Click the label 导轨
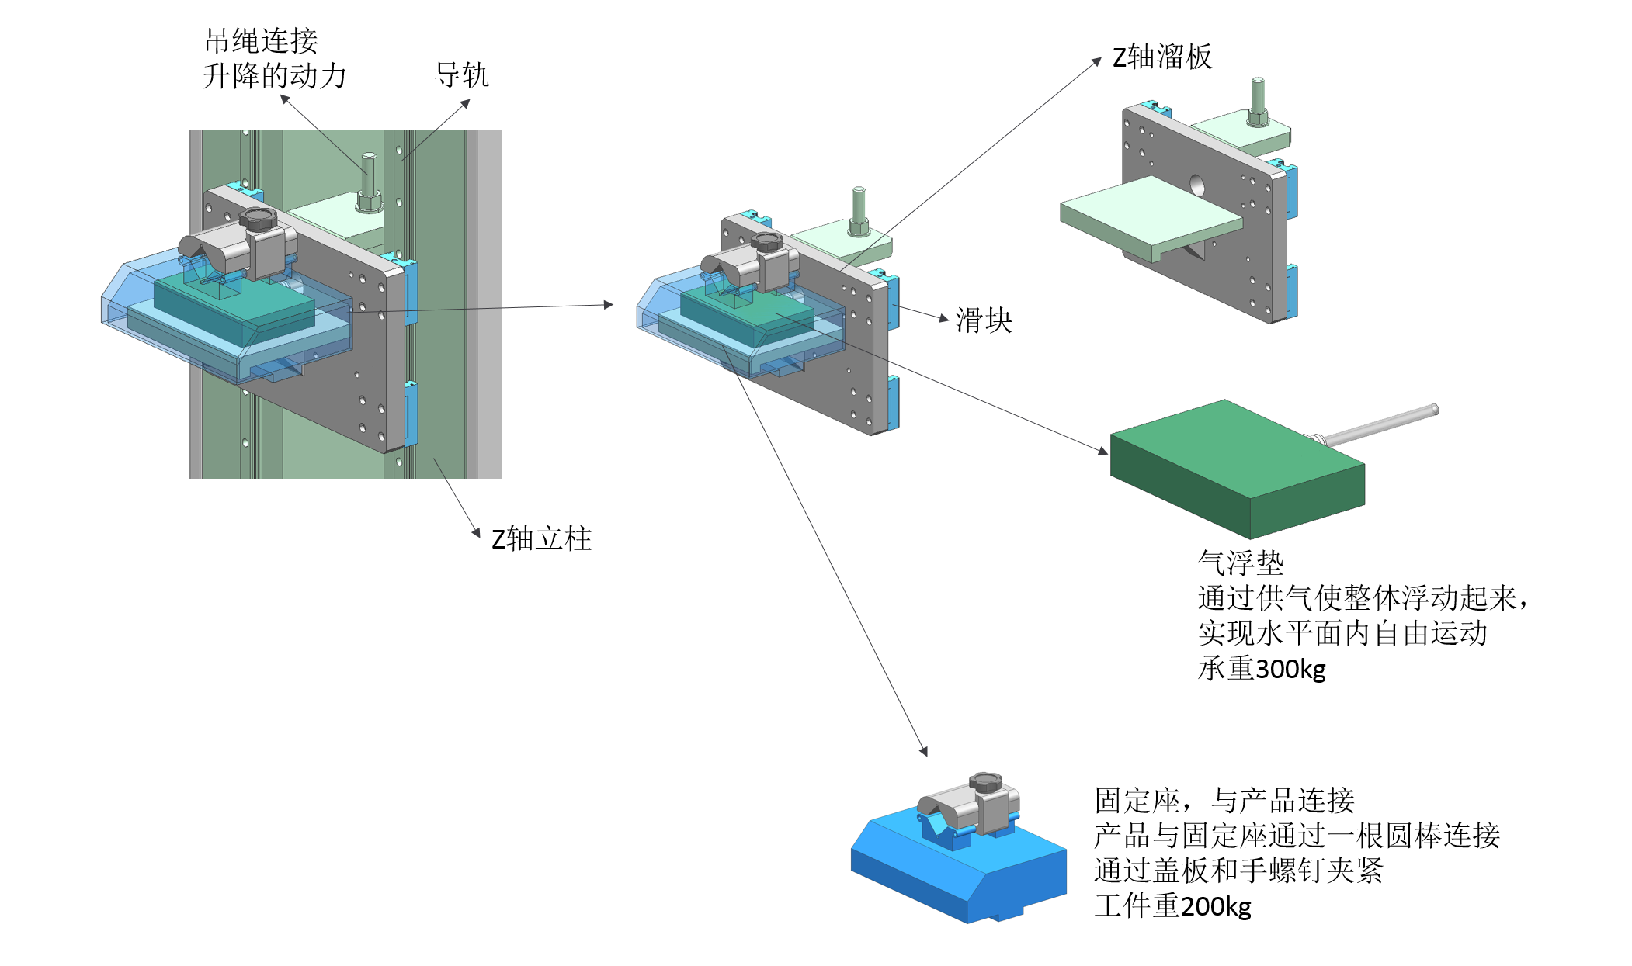(x=461, y=75)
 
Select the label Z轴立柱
(x=541, y=538)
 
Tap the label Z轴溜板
(x=1161, y=57)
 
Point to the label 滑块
(x=984, y=320)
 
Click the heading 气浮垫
(x=1240, y=563)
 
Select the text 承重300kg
(x=1262, y=668)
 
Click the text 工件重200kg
(x=1172, y=905)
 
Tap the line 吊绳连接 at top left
(x=261, y=40)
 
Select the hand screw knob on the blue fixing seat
(x=985, y=781)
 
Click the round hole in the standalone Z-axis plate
(x=1196, y=186)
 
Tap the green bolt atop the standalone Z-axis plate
(x=1258, y=101)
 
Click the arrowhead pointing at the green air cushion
(x=1103, y=451)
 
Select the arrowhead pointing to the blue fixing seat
(x=924, y=751)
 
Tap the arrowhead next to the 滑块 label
(x=944, y=318)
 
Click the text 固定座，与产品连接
(x=1224, y=800)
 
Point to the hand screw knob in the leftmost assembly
(x=258, y=219)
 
